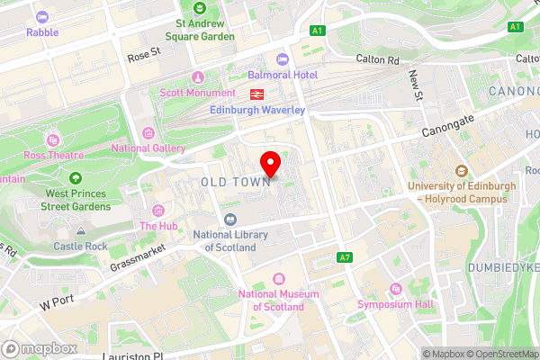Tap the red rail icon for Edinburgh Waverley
[255, 93]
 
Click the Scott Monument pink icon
[199, 76]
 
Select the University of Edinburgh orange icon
[462, 171]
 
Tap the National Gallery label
[148, 148]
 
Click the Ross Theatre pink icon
[53, 139]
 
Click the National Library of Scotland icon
[231, 220]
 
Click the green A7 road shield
[344, 257]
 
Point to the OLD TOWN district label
[236, 182]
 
